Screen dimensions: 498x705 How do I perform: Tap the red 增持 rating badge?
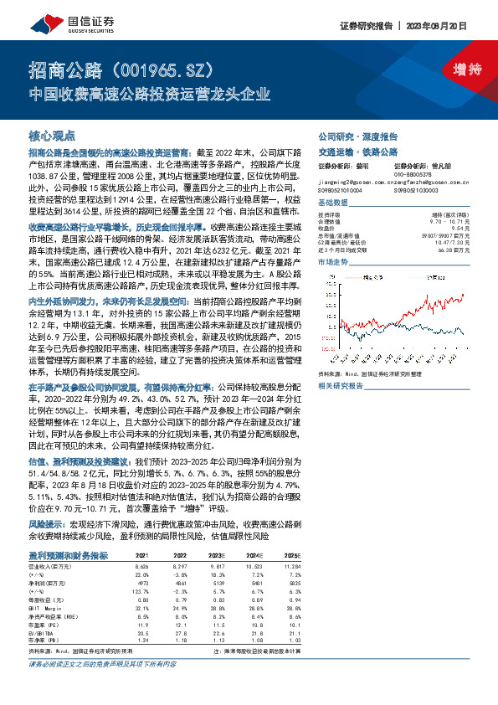454,70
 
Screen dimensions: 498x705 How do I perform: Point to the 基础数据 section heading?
335,203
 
